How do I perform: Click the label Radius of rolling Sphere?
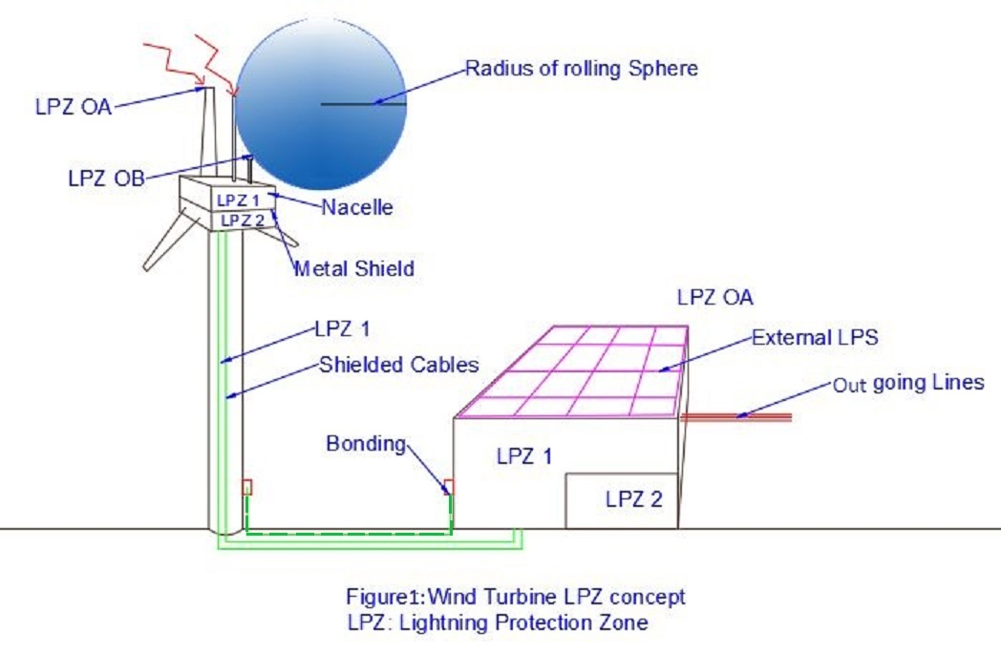coord(581,69)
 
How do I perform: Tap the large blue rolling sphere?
coord(321,104)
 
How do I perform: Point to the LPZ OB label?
coord(107,178)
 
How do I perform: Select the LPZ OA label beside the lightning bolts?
coord(74,107)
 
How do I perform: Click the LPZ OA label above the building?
coord(715,297)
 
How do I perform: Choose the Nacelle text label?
coord(357,207)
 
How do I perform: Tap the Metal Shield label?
coord(354,268)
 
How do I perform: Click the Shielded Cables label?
coord(399,365)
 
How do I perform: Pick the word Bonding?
coord(366,443)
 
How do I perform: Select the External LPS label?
coord(815,338)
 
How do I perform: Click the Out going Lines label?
coord(908,384)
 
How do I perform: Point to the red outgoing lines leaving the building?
coord(736,417)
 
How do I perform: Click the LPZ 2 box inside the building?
coord(622,501)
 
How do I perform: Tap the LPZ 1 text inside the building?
coord(524,456)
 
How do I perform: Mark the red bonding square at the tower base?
coord(247,488)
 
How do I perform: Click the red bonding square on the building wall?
coord(449,488)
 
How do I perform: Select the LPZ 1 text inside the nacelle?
coord(238,200)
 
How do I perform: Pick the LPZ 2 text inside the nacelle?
coord(243,221)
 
